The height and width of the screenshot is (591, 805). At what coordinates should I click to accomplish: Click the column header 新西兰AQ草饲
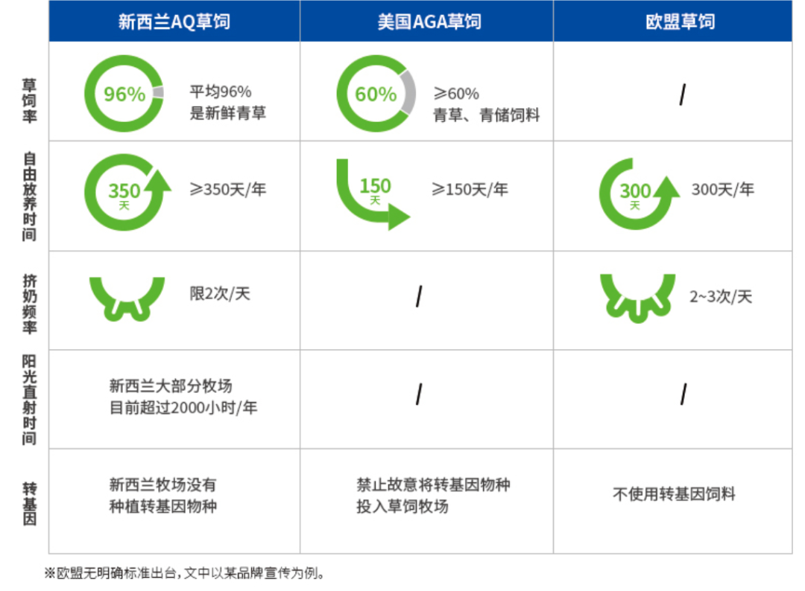tap(174, 21)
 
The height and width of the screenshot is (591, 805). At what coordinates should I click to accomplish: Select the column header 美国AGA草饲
tap(429, 21)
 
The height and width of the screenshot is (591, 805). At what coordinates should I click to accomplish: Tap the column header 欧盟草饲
tap(680, 21)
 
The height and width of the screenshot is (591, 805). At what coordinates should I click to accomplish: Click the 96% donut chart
tap(124, 94)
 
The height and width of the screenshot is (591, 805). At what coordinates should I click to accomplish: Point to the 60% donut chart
tap(376, 94)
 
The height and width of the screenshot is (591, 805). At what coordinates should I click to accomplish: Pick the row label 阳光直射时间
tap(29, 399)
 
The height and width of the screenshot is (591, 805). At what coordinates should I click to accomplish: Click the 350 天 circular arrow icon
tap(124, 194)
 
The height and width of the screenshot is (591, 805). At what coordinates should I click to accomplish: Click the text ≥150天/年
tap(469, 190)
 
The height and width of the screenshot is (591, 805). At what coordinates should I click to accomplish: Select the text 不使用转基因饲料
tap(674, 494)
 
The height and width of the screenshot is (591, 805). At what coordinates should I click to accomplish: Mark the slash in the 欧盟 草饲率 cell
tap(682, 95)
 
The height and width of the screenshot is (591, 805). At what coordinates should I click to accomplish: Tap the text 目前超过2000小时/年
tap(183, 408)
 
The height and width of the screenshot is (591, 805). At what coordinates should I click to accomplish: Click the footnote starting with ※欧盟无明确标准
tap(185, 574)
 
